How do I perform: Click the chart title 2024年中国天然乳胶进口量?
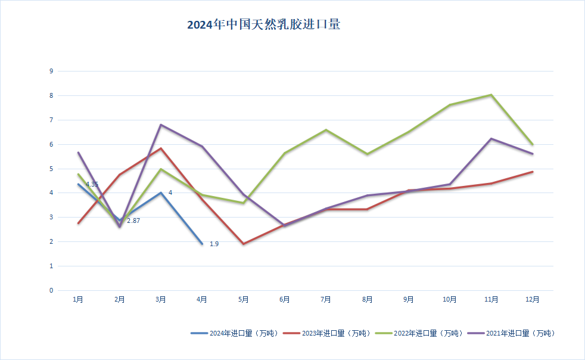[x=263, y=25]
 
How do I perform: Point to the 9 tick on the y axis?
[x=51, y=71]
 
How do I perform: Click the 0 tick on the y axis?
[x=51, y=290]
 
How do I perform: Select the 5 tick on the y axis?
[x=51, y=169]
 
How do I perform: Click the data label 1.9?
[x=214, y=244]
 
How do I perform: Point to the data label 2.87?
[x=133, y=221]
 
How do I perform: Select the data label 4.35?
[x=92, y=185]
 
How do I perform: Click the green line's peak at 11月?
[x=491, y=95]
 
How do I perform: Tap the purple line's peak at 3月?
[x=161, y=125]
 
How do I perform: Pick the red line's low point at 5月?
[x=243, y=244]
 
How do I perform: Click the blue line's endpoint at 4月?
[x=202, y=244]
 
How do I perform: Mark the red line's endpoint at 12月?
[x=532, y=172]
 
